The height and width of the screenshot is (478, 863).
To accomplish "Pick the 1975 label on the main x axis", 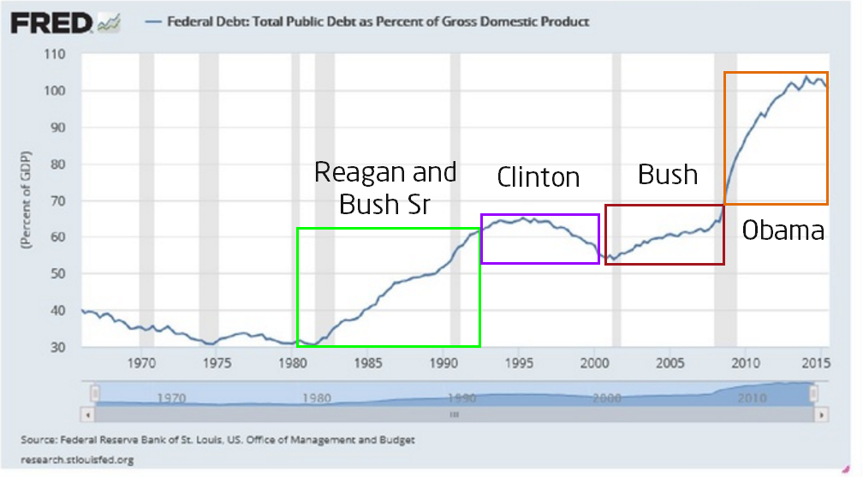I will point(217,361).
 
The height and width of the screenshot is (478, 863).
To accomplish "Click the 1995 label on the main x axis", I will point(519,361).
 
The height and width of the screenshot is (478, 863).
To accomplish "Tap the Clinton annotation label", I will point(539,178).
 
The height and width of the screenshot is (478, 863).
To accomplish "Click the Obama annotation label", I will point(783,230).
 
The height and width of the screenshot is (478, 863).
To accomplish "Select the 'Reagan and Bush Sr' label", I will point(385,188).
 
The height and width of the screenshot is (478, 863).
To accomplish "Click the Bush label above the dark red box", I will point(668,176).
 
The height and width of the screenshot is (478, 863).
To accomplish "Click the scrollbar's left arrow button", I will point(86,414).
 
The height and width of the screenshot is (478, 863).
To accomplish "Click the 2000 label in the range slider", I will point(610,398).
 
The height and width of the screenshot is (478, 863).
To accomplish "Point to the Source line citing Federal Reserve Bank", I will point(218,440).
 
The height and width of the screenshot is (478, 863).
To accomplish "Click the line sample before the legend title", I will point(155,22).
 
